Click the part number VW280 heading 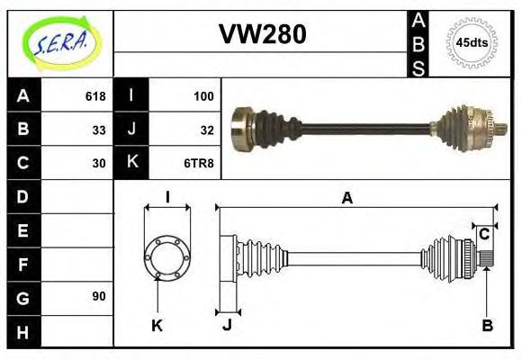[x=263, y=34]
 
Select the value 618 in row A [x=95, y=95]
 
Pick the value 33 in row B [x=99, y=129]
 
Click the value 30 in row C [x=99, y=163]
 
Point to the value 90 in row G [x=99, y=296]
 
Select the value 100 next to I [x=203, y=95]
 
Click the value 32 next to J [x=207, y=129]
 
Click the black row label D [x=23, y=196]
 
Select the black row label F [x=23, y=264]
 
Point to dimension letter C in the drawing [x=483, y=234]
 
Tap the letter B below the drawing [x=487, y=326]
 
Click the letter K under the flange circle [x=157, y=326]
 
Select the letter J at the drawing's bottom [x=227, y=326]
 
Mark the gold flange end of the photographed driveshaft [x=241, y=129]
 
